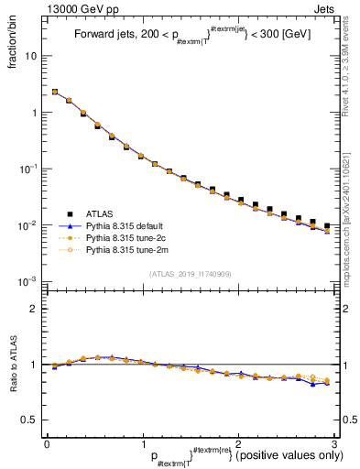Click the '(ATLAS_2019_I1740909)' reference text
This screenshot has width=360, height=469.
[x=190, y=273]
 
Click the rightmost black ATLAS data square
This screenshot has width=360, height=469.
[x=327, y=225]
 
